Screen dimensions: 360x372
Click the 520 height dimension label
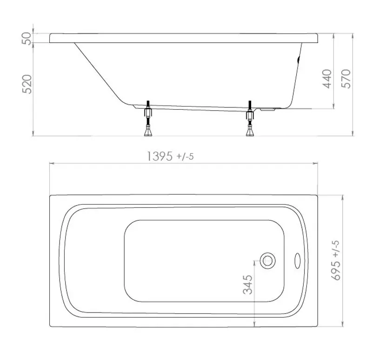[27, 84]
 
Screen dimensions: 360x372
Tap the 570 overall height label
[345, 79]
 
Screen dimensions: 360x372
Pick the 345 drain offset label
[247, 285]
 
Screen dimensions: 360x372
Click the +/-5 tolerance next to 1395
[185, 157]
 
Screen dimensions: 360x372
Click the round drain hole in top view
[268, 260]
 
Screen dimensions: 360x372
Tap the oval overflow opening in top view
[296, 260]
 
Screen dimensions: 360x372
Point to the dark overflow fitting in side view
[299, 60]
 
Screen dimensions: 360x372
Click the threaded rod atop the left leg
[148, 104]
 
